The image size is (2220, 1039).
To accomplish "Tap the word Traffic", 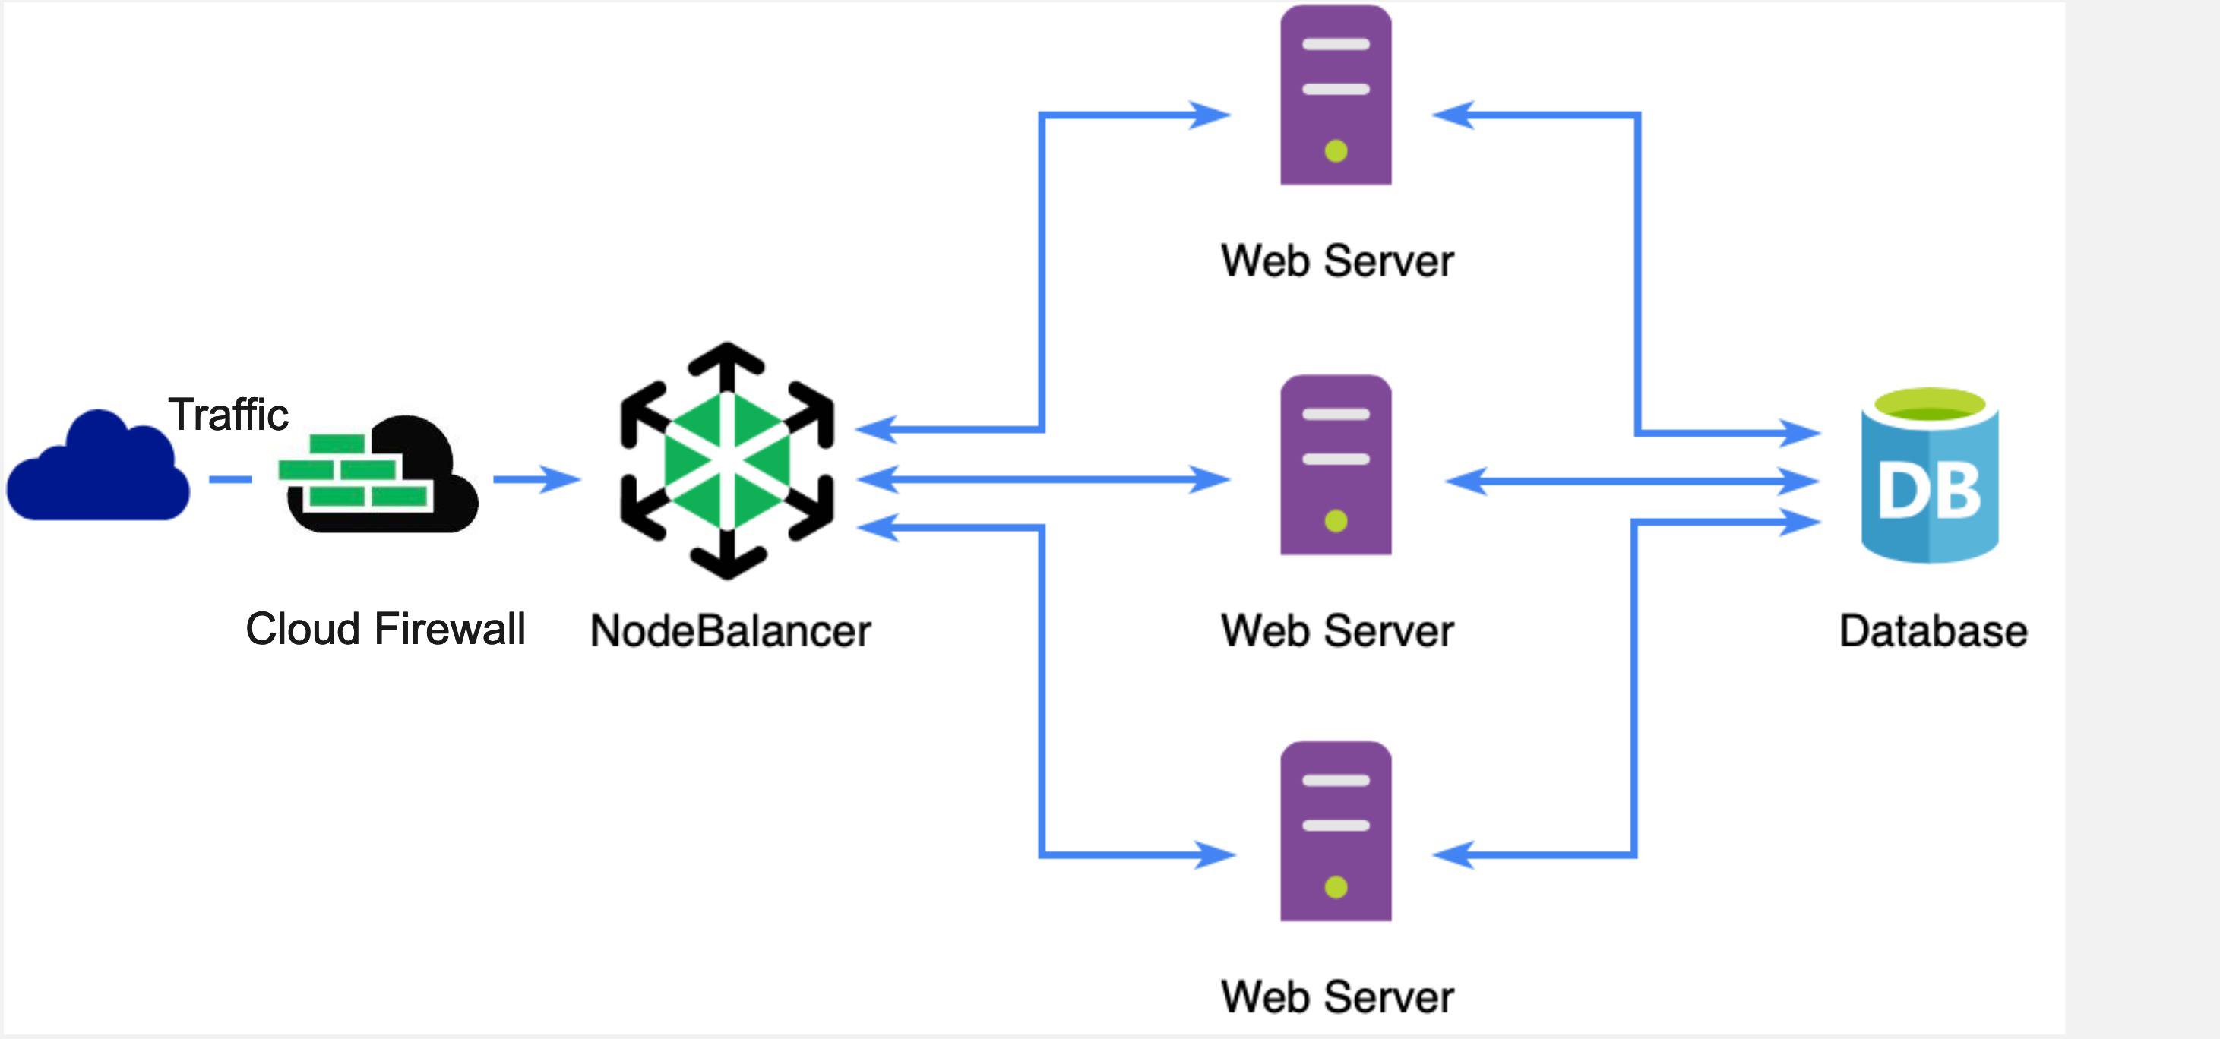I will click(x=227, y=415).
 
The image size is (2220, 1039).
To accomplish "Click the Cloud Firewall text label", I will click(x=385, y=629).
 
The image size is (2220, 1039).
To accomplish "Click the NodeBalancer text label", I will click(x=730, y=630).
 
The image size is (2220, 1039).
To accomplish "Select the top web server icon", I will click(x=1335, y=95).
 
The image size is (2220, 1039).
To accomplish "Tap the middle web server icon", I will click(x=1335, y=466).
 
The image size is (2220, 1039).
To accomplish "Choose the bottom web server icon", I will click(x=1335, y=832).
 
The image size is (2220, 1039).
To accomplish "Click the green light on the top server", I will click(x=1336, y=152).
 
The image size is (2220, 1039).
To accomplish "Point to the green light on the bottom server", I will click(x=1336, y=887).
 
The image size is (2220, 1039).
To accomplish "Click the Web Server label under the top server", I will click(x=1336, y=261).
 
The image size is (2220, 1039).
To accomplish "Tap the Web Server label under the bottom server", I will click(x=1336, y=996).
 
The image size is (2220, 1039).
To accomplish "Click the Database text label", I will click(x=1932, y=630).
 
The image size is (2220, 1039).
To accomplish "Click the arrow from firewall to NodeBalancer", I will click(x=536, y=479).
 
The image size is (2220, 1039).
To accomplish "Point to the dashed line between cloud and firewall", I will click(x=230, y=479).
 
